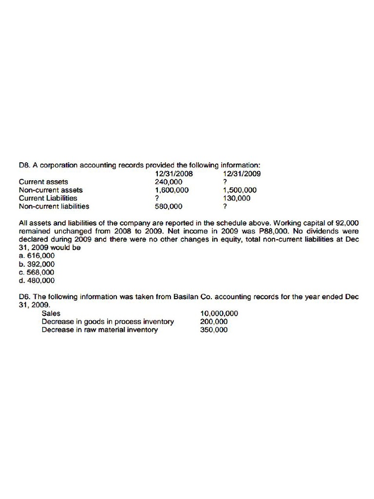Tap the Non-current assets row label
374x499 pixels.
click(x=51, y=190)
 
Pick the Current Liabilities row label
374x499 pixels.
click(x=48, y=198)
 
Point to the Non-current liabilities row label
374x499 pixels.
click(x=54, y=206)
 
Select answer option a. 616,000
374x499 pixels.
click(x=37, y=255)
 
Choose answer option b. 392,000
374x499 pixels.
click(x=37, y=264)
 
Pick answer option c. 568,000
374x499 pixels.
click(x=37, y=272)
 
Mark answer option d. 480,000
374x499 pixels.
click(x=37, y=280)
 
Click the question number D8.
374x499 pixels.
click(x=24, y=165)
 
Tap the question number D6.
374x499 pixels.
click(x=24, y=296)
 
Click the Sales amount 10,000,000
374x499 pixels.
click(x=219, y=313)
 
